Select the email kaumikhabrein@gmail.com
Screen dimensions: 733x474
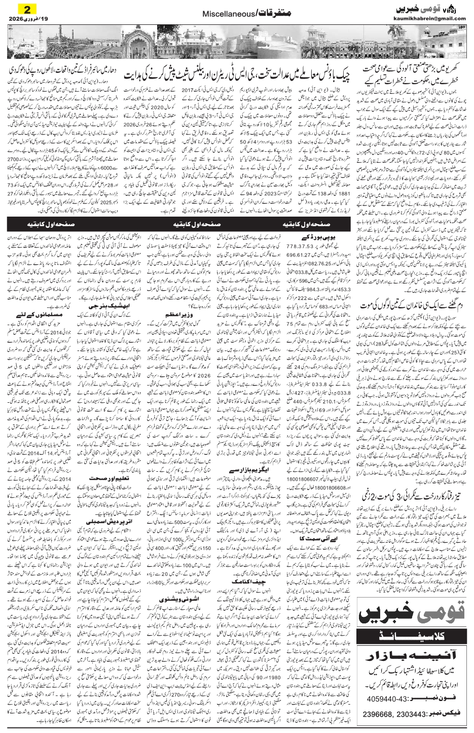[429, 19]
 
